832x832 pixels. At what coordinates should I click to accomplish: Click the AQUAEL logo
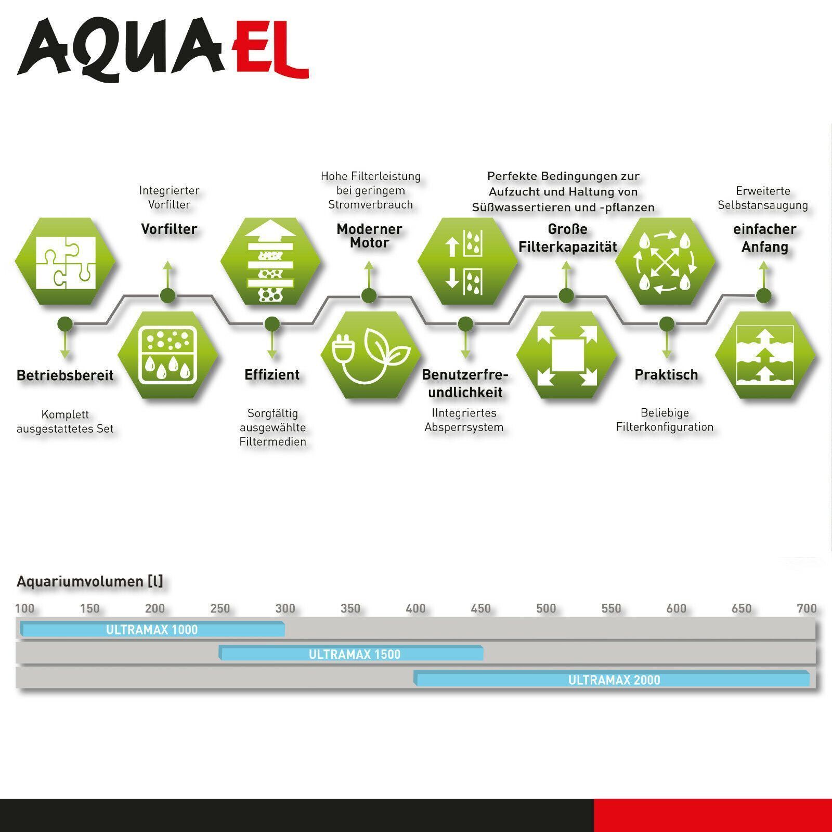163,49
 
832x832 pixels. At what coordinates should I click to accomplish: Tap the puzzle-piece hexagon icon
65,261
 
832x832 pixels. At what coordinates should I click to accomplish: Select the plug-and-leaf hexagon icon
370,355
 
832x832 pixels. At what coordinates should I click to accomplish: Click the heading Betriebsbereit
65,375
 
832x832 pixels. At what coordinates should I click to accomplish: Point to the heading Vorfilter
170,229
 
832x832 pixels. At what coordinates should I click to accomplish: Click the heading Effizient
272,374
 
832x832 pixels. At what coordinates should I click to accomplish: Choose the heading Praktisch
666,374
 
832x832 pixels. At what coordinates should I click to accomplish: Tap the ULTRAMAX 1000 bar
152,629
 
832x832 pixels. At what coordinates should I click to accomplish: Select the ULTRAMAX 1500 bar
351,653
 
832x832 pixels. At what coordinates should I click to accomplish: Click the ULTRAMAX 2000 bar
612,679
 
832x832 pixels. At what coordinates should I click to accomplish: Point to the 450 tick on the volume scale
480,608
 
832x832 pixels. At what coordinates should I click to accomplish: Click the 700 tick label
807,608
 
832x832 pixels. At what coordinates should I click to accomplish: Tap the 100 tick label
24,608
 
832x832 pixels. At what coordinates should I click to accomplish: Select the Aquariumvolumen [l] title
90,581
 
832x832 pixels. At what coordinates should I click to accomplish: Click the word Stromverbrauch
370,204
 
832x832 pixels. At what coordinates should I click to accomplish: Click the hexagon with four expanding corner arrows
566,355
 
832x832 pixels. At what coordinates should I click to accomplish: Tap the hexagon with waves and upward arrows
765,355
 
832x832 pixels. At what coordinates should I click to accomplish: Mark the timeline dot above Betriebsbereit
64,324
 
